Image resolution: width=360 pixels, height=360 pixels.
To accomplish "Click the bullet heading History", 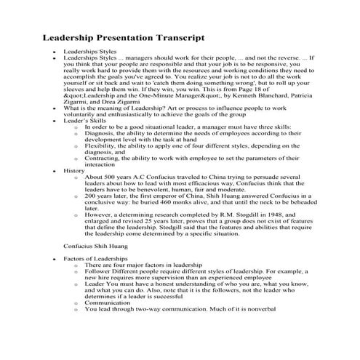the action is (x=73, y=170).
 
